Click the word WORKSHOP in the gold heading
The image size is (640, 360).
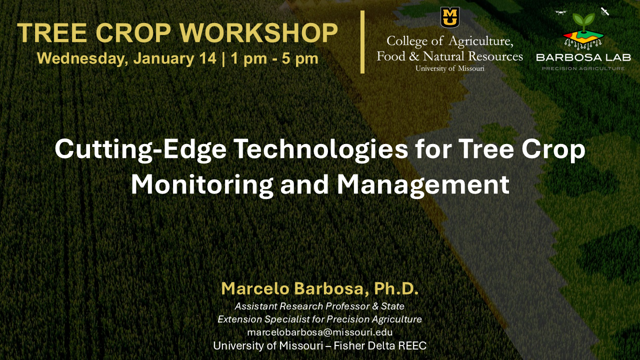click(259, 32)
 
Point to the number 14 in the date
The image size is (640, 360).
click(207, 58)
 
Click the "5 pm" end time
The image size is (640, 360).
click(300, 59)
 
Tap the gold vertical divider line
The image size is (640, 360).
click(362, 42)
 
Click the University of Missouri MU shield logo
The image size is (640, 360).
click(449, 17)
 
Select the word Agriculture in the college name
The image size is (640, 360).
click(481, 41)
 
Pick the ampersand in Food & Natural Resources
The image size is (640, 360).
click(413, 56)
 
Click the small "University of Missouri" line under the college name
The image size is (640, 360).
click(449, 68)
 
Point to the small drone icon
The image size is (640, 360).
click(560, 12)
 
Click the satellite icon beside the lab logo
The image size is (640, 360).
click(605, 11)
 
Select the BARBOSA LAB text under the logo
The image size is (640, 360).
click(583, 57)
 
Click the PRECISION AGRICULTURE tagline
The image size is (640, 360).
click(583, 68)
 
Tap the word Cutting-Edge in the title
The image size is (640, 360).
click(140, 149)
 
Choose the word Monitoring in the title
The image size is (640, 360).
click(202, 184)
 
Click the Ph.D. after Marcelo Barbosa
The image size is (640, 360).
click(396, 288)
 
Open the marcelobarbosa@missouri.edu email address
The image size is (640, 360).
click(319, 332)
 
